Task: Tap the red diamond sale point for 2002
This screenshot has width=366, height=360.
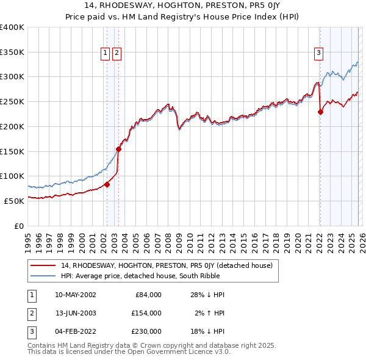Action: click(x=107, y=184)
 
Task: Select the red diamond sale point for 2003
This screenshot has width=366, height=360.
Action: click(x=118, y=149)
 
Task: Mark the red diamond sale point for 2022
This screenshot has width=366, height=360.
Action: click(x=320, y=112)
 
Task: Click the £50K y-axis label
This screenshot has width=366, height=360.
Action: click(x=13, y=201)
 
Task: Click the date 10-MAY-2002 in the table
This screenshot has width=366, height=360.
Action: click(x=75, y=295)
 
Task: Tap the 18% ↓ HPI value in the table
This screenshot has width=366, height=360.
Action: click(x=207, y=331)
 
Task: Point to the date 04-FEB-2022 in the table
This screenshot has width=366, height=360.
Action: click(x=75, y=331)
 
